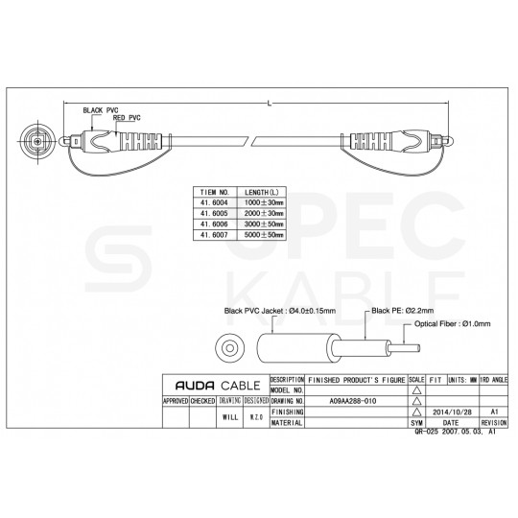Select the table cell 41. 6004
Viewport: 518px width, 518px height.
point(212,203)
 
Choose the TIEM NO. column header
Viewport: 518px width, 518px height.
point(212,193)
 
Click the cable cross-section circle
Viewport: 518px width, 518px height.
point(230,347)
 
